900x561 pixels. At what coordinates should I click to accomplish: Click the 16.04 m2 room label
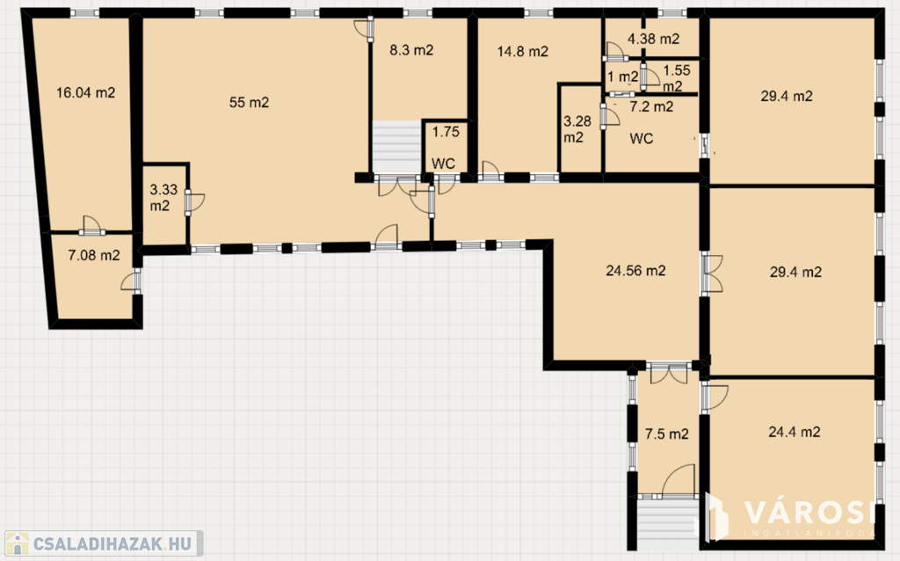[85, 92]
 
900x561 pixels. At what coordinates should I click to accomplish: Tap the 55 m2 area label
[249, 102]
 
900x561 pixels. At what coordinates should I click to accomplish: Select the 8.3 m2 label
[411, 50]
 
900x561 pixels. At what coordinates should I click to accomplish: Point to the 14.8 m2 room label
[522, 51]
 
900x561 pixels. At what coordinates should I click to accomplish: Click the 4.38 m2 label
[653, 39]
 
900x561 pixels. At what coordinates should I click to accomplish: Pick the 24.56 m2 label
[636, 271]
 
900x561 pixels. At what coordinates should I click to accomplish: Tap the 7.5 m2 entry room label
[666, 433]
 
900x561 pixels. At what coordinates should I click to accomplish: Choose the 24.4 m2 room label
[795, 431]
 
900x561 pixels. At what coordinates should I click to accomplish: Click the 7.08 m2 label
[94, 255]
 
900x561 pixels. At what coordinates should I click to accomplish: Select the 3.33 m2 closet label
[163, 197]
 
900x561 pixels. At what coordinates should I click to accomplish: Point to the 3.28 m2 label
[577, 129]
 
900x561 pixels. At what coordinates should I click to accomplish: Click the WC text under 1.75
[443, 164]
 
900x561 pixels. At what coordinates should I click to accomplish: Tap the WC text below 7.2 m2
[641, 138]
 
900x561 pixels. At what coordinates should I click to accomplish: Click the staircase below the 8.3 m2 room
[396, 147]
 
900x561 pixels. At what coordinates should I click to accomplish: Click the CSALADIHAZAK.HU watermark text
[112, 543]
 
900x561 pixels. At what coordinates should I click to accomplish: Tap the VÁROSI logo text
[809, 513]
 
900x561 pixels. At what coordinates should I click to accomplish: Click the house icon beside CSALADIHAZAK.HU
[18, 543]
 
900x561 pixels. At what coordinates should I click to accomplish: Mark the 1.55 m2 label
[676, 78]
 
